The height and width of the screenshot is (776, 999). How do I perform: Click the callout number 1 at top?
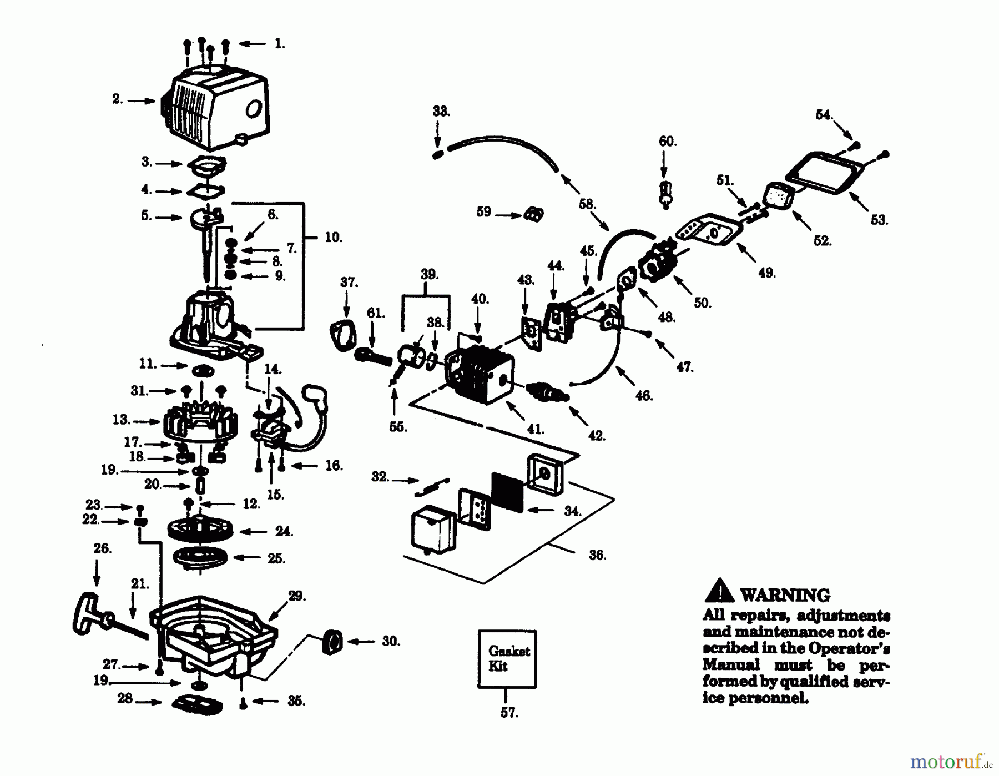tap(280, 43)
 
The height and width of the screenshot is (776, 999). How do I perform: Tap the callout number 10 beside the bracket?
tap(333, 238)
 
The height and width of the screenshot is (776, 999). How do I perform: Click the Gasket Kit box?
tap(507, 659)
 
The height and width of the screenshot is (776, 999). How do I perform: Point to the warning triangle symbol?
tap(719, 591)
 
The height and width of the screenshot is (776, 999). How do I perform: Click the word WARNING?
tap(785, 595)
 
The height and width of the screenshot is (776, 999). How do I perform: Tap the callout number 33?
tap(441, 111)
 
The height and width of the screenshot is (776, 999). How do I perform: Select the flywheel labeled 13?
tap(200, 422)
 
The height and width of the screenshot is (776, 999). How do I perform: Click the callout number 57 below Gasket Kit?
tap(509, 713)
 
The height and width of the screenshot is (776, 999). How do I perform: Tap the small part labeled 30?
tap(332, 642)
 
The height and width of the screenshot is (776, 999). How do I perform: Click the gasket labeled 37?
tap(342, 335)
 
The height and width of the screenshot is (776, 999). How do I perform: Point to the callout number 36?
tap(597, 555)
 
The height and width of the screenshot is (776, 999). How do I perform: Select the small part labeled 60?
tap(665, 193)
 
